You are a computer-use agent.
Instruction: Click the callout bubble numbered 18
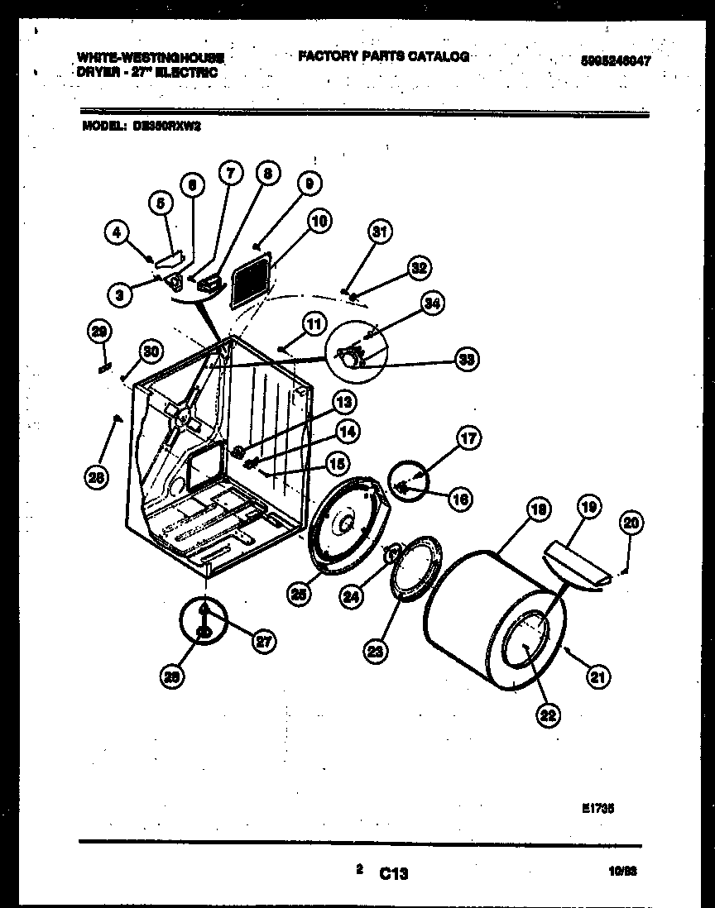[x=538, y=511]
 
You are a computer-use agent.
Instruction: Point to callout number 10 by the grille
[x=320, y=221]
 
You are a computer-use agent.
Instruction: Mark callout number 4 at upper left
[x=118, y=234]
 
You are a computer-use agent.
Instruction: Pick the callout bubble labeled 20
[x=632, y=523]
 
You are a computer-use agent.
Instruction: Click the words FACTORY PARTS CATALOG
[x=383, y=56]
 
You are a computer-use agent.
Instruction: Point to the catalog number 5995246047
[x=609, y=60]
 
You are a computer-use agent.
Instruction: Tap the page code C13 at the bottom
[x=394, y=873]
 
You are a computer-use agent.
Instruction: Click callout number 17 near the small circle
[x=468, y=438]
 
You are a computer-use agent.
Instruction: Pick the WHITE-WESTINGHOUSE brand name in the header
[x=150, y=58]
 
